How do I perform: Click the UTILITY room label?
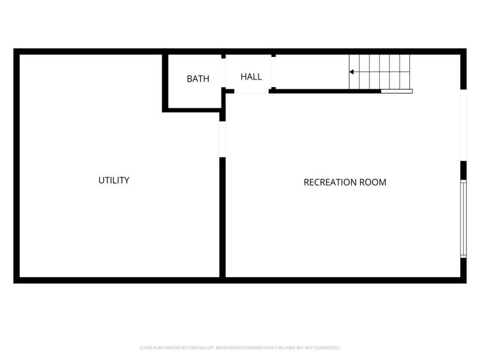click(x=114, y=180)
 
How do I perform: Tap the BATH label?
click(x=198, y=79)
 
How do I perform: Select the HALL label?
click(x=251, y=77)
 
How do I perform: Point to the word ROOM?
click(x=373, y=182)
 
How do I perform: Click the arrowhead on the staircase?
click(x=352, y=72)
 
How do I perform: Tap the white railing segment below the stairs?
click(x=397, y=91)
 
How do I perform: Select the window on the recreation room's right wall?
click(x=463, y=219)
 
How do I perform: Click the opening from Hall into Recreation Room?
click(x=251, y=91)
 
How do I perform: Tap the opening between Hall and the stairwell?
click(x=274, y=72)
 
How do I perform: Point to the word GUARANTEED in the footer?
click(x=325, y=347)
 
